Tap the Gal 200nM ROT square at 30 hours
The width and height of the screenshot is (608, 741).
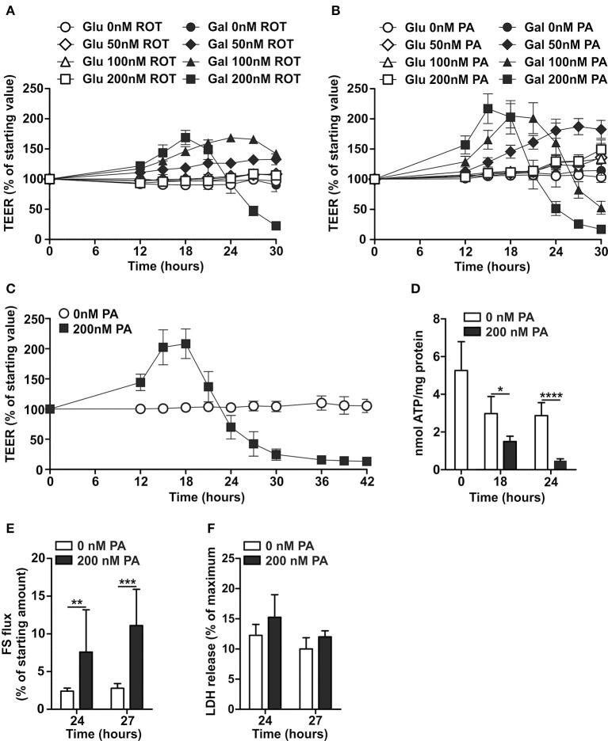276,226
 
